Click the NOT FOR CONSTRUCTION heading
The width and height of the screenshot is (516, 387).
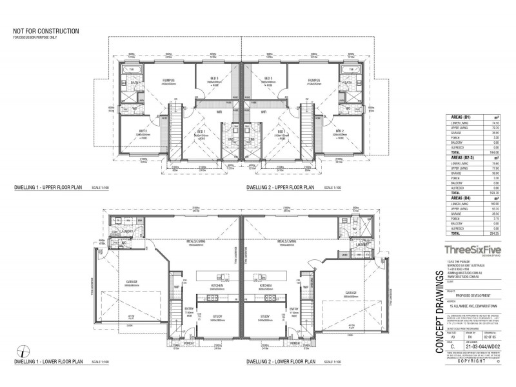(46, 30)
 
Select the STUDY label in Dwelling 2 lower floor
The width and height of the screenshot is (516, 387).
(264, 317)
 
